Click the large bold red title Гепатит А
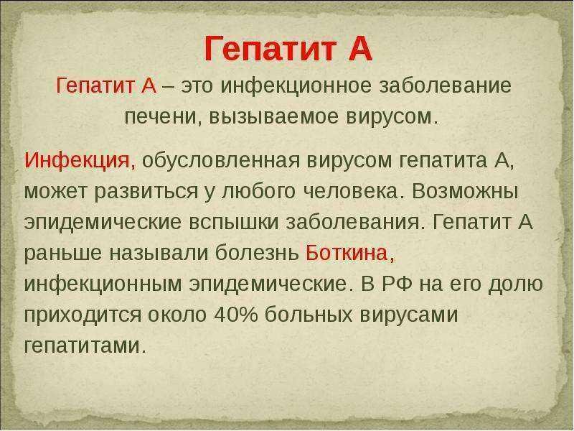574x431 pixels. coord(288,49)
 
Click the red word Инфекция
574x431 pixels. coord(77,161)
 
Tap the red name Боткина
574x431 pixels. coord(347,253)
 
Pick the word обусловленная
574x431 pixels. coord(221,160)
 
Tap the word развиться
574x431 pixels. coord(146,192)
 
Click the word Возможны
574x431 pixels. coord(465,191)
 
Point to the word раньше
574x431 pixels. coord(62,254)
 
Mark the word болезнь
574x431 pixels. coord(257,253)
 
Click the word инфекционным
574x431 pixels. coord(103,284)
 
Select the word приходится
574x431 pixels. coord(83,315)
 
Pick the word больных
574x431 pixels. coord(309,315)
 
